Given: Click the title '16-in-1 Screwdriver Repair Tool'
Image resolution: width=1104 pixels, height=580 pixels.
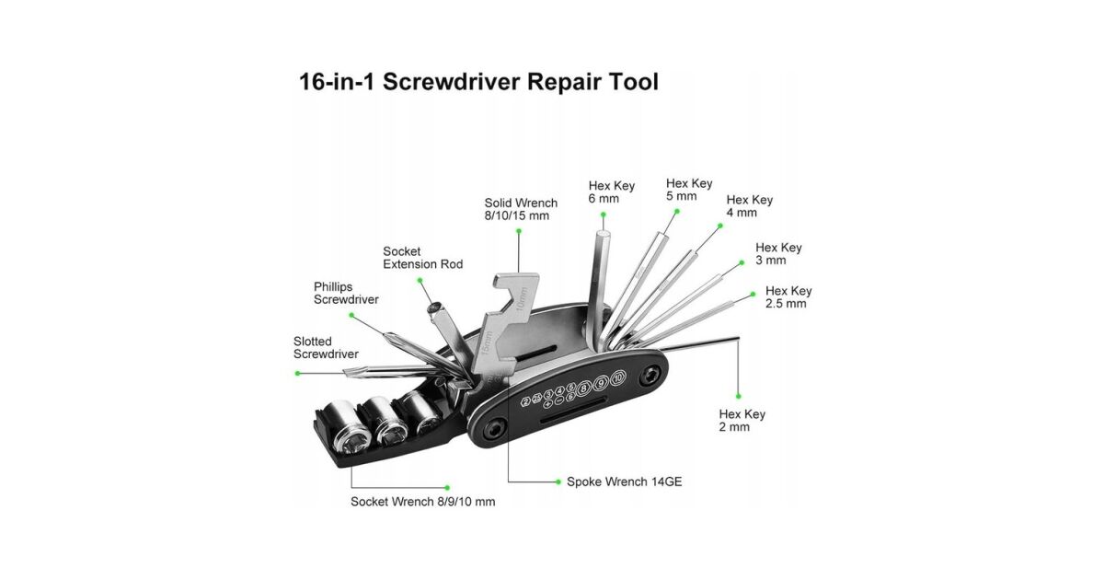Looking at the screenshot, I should click(x=478, y=81).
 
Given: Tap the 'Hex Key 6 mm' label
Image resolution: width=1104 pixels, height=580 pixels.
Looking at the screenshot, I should click(x=611, y=192).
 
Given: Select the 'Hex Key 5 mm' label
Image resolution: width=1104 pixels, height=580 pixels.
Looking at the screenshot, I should click(x=689, y=190).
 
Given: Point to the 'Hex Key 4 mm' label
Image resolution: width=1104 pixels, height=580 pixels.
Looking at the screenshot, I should click(x=749, y=206).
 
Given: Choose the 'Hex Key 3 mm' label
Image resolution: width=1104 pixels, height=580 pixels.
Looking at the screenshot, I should click(x=778, y=254).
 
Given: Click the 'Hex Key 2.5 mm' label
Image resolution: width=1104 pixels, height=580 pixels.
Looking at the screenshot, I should click(x=788, y=297).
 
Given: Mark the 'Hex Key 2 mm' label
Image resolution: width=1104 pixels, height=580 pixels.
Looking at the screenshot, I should click(x=742, y=421).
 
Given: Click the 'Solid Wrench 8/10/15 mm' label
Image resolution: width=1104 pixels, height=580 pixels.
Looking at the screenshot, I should click(x=521, y=209).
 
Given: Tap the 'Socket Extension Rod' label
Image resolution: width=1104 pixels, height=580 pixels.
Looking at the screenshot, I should click(x=422, y=258).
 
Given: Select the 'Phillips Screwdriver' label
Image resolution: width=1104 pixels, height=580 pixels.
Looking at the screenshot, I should click(x=346, y=293).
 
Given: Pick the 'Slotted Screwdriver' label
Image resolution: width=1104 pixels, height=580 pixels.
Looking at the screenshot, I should click(x=326, y=348).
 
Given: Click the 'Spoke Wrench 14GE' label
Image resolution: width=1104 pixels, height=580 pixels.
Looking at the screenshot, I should click(x=624, y=481).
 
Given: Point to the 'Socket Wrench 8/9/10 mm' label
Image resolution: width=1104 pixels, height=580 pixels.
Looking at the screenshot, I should click(x=422, y=502).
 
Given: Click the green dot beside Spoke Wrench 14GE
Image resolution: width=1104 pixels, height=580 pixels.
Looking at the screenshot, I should click(x=558, y=481).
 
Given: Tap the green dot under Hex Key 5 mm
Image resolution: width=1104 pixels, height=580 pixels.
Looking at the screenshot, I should click(x=676, y=211).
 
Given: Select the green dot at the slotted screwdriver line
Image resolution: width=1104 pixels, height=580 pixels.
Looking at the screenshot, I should click(x=297, y=373).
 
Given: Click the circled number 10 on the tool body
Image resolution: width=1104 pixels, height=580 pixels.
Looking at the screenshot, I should click(x=618, y=378).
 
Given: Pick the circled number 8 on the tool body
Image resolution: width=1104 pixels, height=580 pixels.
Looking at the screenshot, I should click(x=583, y=385).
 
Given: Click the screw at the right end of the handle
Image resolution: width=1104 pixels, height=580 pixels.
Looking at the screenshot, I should click(x=651, y=377).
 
